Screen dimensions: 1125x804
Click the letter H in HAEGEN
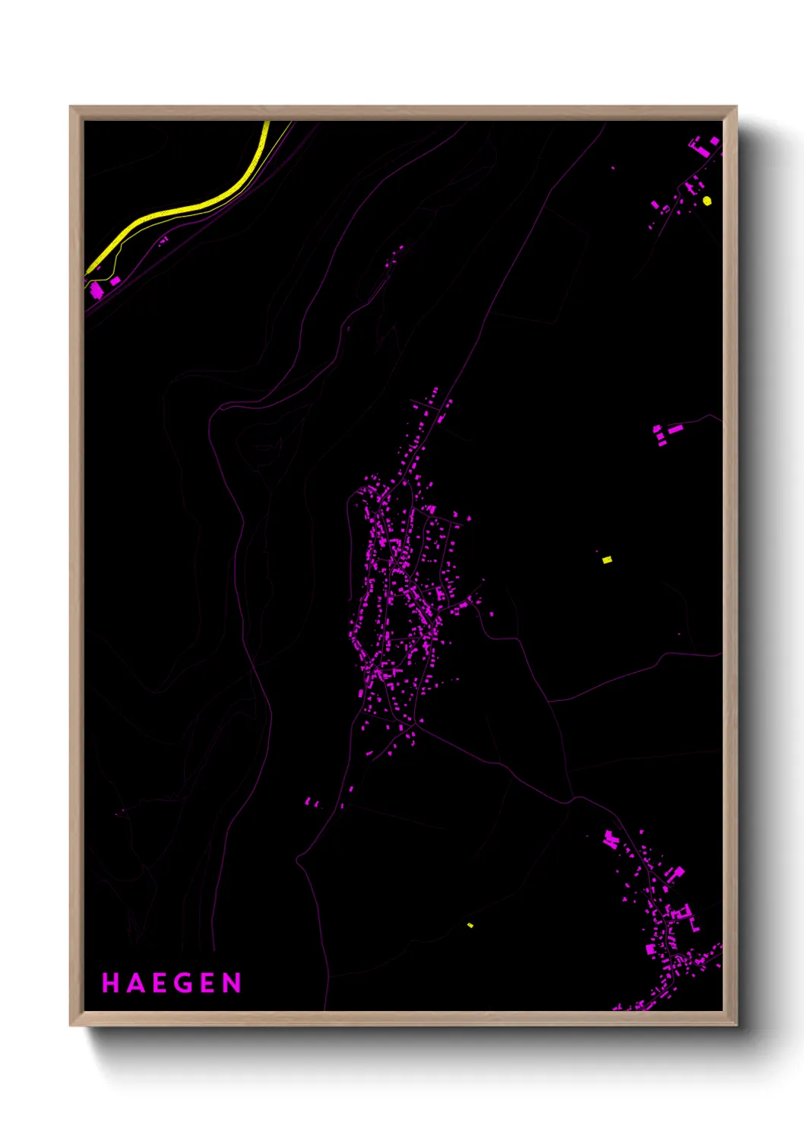[x=109, y=983]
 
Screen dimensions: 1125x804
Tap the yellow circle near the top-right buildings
[x=707, y=201]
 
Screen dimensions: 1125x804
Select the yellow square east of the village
[x=606, y=560]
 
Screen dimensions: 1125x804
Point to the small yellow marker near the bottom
[x=470, y=925]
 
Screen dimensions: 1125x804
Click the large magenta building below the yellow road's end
[x=97, y=290]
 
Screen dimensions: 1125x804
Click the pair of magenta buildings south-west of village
[x=311, y=802]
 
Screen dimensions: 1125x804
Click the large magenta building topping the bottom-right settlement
[x=610, y=840]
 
